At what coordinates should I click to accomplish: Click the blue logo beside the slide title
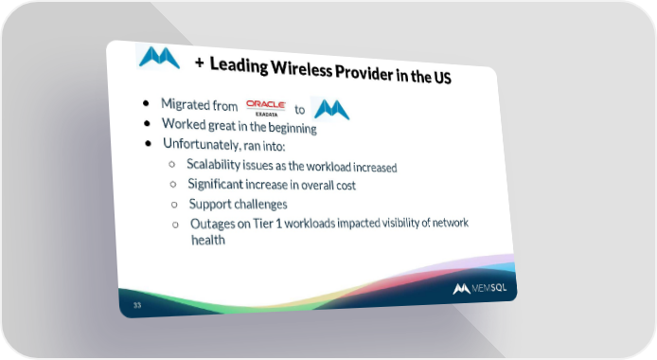click(x=159, y=58)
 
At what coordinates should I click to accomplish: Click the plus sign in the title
click(x=200, y=63)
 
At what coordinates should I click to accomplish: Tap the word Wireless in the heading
click(x=302, y=68)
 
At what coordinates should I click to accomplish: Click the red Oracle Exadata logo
click(x=266, y=108)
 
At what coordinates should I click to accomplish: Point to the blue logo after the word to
click(x=332, y=109)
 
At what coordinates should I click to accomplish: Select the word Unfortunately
click(x=202, y=144)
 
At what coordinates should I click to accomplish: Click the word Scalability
click(x=213, y=164)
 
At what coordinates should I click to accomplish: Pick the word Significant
click(x=215, y=184)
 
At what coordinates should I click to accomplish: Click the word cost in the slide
click(x=346, y=186)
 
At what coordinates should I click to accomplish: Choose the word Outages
click(x=214, y=225)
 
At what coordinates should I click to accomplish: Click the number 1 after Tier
click(x=278, y=224)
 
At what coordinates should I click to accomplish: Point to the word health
click(x=208, y=240)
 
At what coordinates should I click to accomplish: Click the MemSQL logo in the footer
click(x=480, y=288)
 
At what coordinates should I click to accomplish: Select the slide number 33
click(x=137, y=305)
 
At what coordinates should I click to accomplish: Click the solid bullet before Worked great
click(x=147, y=123)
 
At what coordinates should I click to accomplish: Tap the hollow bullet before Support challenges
click(x=174, y=205)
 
